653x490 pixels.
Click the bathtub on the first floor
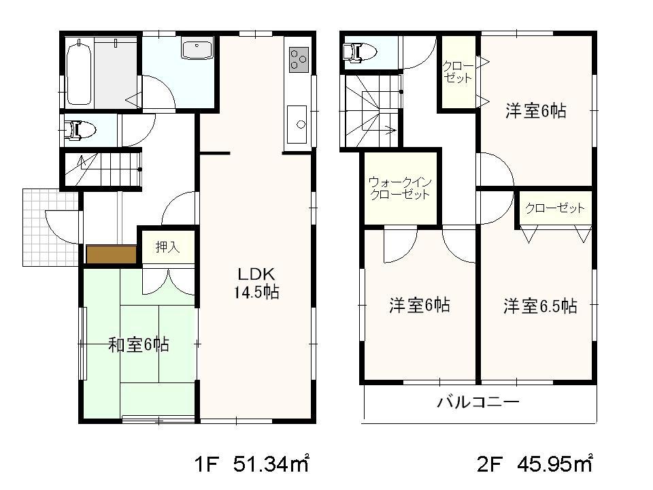(80, 72)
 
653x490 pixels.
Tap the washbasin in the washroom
(197, 50)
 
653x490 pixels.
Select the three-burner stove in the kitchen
(298, 59)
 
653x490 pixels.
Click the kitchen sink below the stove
(297, 124)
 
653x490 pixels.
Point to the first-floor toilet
(80, 129)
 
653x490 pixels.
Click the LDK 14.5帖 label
(256, 283)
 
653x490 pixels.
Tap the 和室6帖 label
(139, 345)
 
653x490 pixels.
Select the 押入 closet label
(167, 248)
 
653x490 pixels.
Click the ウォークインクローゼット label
(399, 188)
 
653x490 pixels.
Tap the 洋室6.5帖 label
(540, 306)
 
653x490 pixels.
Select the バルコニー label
(478, 402)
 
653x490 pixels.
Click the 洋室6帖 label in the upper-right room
(535, 111)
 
